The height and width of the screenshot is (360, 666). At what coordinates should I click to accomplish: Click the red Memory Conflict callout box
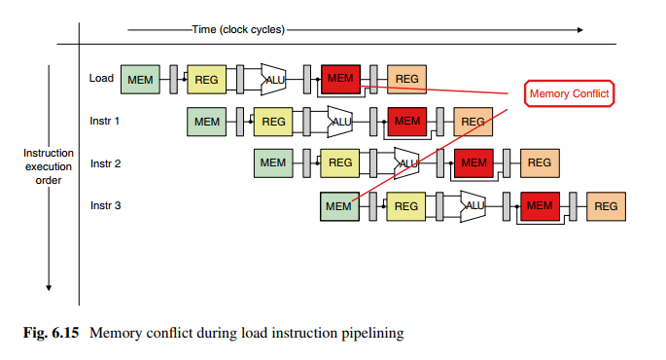coord(569,93)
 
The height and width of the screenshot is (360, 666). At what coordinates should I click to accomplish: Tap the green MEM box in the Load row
coord(140,80)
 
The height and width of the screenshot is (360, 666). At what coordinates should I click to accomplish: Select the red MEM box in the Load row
coord(340,79)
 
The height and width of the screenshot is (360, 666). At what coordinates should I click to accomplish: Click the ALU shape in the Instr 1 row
coord(340,122)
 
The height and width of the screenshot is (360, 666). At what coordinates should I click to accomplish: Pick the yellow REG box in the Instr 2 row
coord(339,163)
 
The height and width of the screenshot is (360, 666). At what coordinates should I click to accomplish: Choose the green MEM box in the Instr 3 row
coord(339,206)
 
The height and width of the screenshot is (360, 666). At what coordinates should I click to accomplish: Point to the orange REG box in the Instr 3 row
coord(606,206)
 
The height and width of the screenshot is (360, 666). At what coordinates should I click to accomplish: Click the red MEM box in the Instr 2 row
coord(474,163)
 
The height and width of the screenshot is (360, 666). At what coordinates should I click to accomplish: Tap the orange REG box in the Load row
coord(407,79)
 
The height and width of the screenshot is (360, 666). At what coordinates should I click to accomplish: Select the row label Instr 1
coord(104,121)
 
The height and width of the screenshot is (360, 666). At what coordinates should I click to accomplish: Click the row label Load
coord(101,78)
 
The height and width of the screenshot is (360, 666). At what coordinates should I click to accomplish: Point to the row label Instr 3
coord(105,205)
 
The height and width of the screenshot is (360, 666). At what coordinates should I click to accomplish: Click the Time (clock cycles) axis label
coord(238,30)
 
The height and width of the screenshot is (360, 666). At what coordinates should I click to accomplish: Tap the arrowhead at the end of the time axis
coord(580,30)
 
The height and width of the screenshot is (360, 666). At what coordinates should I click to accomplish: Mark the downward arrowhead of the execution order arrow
coord(49,288)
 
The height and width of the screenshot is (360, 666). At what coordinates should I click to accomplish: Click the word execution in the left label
coord(49,166)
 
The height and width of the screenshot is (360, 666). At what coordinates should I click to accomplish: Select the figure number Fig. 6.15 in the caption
coord(51,333)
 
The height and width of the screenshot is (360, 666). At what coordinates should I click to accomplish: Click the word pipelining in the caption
coord(373,333)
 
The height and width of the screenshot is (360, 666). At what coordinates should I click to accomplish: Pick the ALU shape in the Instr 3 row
coord(473,206)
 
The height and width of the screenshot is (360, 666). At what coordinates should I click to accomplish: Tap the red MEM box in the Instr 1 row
coord(407,122)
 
